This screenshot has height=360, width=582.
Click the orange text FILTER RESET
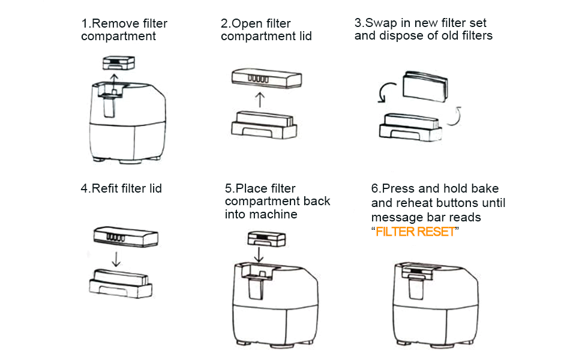coord(415,232)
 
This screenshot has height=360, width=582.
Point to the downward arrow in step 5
coord(259,253)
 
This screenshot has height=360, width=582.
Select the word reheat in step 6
coord(413,203)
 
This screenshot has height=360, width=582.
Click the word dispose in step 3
coord(398,35)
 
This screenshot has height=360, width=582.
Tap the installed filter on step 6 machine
coord(419,273)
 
